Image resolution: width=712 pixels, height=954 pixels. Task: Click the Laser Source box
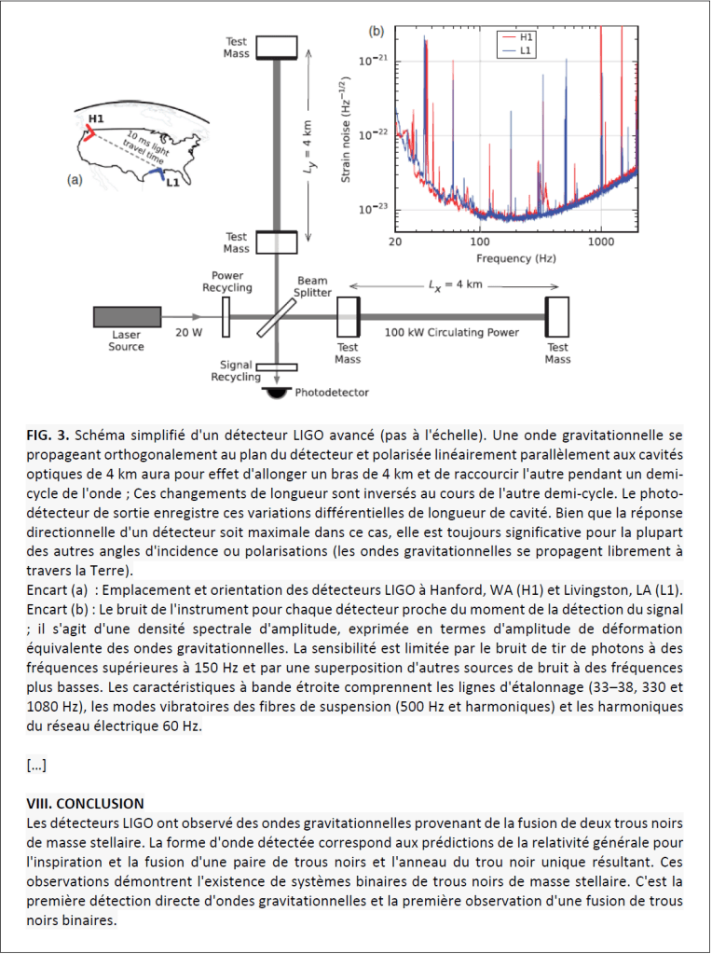click(127, 317)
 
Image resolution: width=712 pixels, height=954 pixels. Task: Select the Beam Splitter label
click(313, 286)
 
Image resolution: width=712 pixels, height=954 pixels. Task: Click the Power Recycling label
click(226, 283)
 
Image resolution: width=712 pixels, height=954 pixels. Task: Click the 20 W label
click(190, 331)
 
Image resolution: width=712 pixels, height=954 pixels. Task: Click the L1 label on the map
click(171, 183)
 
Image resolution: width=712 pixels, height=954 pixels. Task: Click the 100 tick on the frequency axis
click(480, 240)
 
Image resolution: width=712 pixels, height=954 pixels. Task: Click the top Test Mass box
click(276, 46)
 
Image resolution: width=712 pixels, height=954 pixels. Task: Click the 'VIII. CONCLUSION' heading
click(85, 803)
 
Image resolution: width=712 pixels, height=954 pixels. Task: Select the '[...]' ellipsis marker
click(37, 766)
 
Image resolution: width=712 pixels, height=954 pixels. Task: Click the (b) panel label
click(377, 32)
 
